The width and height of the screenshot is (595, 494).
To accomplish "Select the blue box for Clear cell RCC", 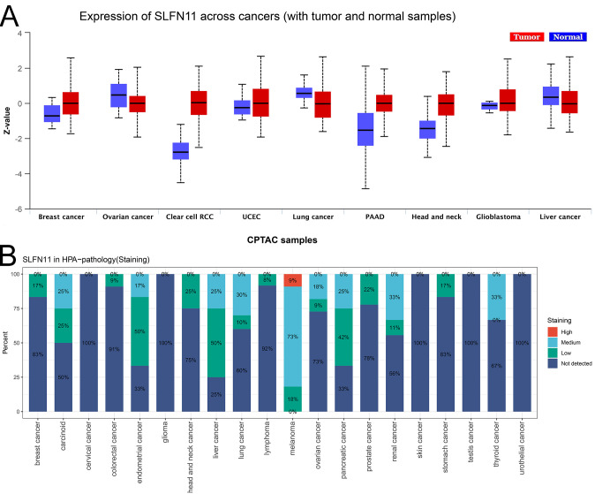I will [180, 151].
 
